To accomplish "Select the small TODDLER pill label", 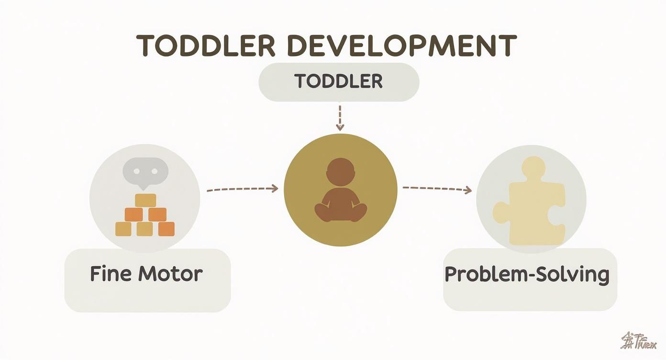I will coord(339,81).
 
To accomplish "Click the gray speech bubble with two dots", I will coord(145,171).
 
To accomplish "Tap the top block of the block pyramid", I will coord(145,200).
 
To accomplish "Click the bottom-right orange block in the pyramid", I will coord(166,229).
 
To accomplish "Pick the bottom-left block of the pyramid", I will coord(123,229).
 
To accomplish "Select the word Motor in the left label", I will coord(170,274).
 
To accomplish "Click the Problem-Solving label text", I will coord(527,275).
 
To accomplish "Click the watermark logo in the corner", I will coord(638,341).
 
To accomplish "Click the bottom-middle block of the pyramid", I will coord(144,229).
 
